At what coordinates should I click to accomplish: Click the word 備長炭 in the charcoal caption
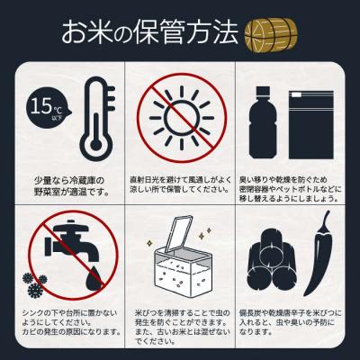255,309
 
